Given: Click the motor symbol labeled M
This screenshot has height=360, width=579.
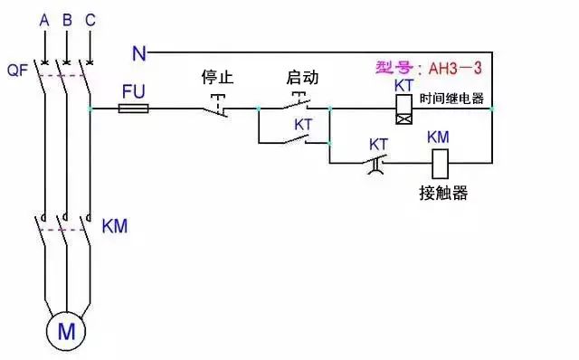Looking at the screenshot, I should coord(66,331).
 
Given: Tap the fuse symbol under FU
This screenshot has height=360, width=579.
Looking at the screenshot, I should coord(135,108).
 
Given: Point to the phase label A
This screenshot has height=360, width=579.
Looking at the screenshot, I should coord(44,18).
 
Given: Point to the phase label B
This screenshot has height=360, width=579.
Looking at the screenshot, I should coord(66,18).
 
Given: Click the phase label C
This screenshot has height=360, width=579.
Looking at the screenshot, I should coord(88,18).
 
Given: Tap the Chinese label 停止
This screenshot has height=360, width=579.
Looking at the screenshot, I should coord(217,78).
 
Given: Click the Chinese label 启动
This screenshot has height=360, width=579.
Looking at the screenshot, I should coord(301,78).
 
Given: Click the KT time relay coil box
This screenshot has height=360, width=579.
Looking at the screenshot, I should coord(404,109).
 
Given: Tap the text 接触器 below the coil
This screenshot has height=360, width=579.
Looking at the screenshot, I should coord(443,194).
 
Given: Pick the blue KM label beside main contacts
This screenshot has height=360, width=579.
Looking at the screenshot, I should coord(115,225).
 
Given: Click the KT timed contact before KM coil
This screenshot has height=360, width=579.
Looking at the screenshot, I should coord(378,163).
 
